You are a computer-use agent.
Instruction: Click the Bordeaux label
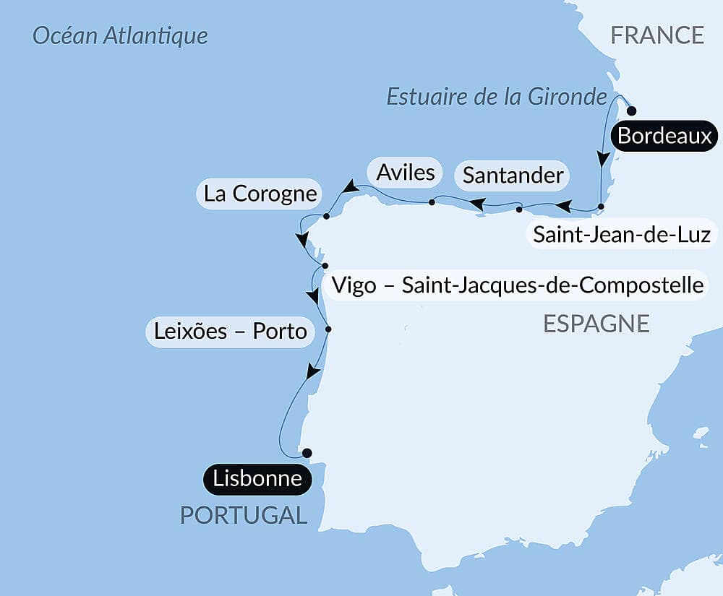[664, 136]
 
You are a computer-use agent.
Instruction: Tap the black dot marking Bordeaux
[631, 111]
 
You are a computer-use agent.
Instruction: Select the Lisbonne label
[257, 478]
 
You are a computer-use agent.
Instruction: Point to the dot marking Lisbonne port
[307, 453]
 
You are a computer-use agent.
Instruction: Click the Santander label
[513, 175]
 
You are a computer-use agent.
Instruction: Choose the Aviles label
[405, 172]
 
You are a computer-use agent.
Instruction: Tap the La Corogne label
[260, 194]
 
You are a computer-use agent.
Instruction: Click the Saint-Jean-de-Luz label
[622, 234]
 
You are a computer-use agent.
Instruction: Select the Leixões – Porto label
[231, 332]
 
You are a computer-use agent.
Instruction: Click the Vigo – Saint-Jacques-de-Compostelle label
[517, 285]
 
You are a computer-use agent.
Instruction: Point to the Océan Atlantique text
[120, 35]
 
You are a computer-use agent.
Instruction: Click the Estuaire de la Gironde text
[496, 96]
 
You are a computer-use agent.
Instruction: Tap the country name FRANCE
[656, 35]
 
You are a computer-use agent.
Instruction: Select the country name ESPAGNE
[596, 324]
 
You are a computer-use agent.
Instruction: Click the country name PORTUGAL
[243, 515]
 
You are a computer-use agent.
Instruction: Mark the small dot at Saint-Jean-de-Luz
[601, 207]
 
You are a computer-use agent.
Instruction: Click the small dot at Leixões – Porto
[328, 329]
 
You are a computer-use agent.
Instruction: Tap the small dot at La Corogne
[326, 216]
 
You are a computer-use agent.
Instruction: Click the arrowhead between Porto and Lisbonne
[312, 372]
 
